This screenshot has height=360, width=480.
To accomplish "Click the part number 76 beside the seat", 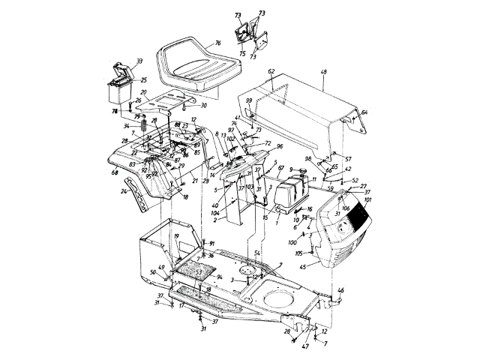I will (217, 44).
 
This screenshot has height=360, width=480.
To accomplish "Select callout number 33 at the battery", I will (139, 61).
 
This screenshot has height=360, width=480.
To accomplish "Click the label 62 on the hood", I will (271, 71).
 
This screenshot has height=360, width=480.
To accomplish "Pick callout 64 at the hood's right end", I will (364, 112).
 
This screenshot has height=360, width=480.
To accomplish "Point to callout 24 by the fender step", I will (124, 191).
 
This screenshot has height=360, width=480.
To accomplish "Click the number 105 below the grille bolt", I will (298, 253).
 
